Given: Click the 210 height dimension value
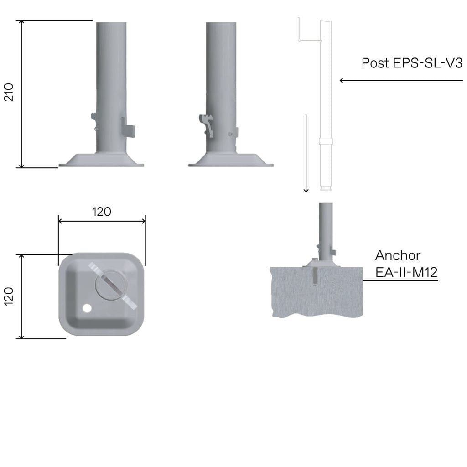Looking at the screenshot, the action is pyautogui.click(x=9, y=92).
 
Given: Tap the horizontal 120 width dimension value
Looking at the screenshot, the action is pyautogui.click(x=102, y=212).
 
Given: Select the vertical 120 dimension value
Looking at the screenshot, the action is pyautogui.click(x=9, y=296).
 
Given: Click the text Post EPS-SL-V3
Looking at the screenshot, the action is pyautogui.click(x=412, y=63).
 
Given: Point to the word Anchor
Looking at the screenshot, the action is pyautogui.click(x=398, y=255).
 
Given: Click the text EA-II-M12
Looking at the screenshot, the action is pyautogui.click(x=406, y=272).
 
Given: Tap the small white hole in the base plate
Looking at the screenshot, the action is pyautogui.click(x=87, y=308).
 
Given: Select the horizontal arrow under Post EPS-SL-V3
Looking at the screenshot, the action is pyautogui.click(x=401, y=80).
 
